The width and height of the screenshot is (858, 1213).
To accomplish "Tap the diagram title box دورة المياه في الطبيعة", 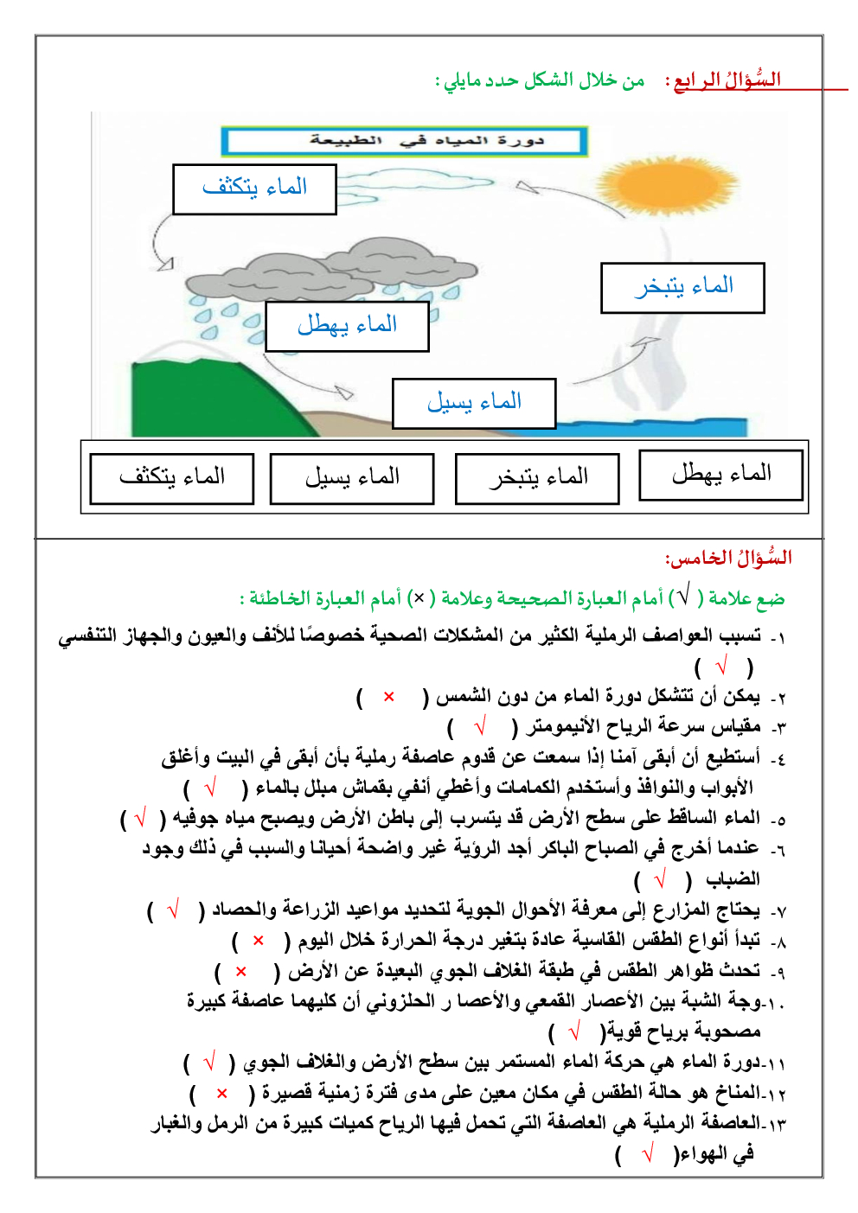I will click(404, 141).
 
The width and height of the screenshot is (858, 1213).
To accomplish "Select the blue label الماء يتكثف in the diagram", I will click(254, 188).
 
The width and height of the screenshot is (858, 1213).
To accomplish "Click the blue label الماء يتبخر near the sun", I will click(682, 287).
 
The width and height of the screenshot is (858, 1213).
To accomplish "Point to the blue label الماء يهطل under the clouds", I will click(347, 326).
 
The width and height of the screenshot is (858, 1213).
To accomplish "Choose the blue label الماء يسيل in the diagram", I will click(473, 403).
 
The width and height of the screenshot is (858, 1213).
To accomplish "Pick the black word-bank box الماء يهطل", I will click(720, 475).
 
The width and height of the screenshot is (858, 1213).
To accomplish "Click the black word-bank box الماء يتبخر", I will click(537, 478).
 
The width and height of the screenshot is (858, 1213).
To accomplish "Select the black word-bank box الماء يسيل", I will click(352, 478).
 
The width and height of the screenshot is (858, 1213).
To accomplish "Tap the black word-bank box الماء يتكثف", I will click(171, 478).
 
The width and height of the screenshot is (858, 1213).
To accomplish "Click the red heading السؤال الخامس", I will click(728, 559).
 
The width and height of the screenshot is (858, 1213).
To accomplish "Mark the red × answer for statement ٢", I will click(389, 697).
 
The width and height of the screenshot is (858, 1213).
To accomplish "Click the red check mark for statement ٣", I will click(481, 727).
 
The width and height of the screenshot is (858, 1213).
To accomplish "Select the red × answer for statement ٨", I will click(258, 941).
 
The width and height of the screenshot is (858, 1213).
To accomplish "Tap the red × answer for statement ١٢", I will click(222, 1094).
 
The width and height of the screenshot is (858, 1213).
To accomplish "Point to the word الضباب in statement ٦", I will click(733, 880).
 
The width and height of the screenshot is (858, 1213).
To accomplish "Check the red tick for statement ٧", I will click(173, 910).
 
